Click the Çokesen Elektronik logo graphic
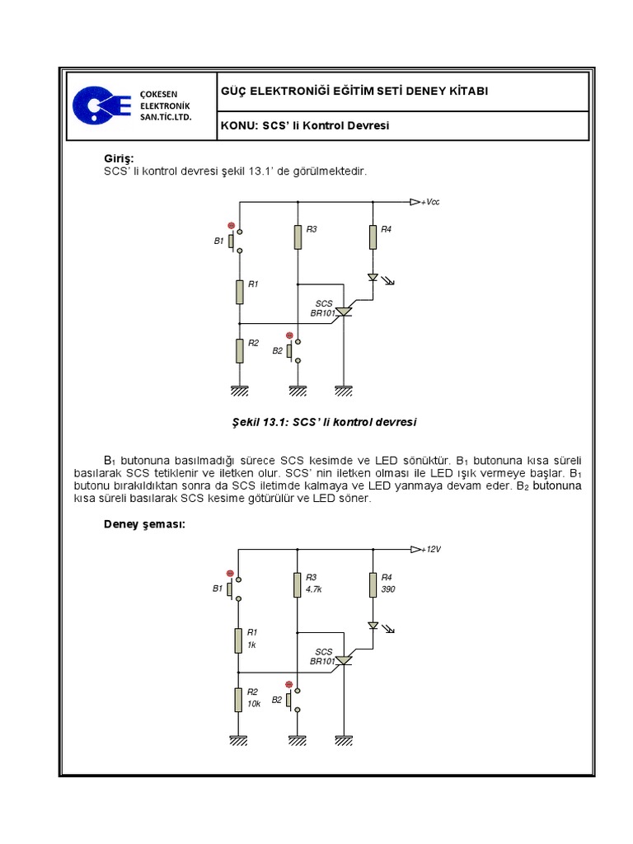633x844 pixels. (101, 105)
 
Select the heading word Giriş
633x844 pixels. (118, 158)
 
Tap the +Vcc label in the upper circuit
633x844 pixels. (429, 202)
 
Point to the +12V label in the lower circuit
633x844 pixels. (431, 549)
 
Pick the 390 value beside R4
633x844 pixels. (387, 590)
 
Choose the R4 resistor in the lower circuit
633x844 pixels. (373, 585)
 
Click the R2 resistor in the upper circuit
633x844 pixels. (239, 350)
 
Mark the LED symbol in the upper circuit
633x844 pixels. (373, 278)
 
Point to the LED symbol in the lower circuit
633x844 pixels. (373, 626)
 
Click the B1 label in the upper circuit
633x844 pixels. (218, 241)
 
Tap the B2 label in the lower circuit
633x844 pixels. (277, 700)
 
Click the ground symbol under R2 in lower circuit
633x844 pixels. (239, 740)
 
